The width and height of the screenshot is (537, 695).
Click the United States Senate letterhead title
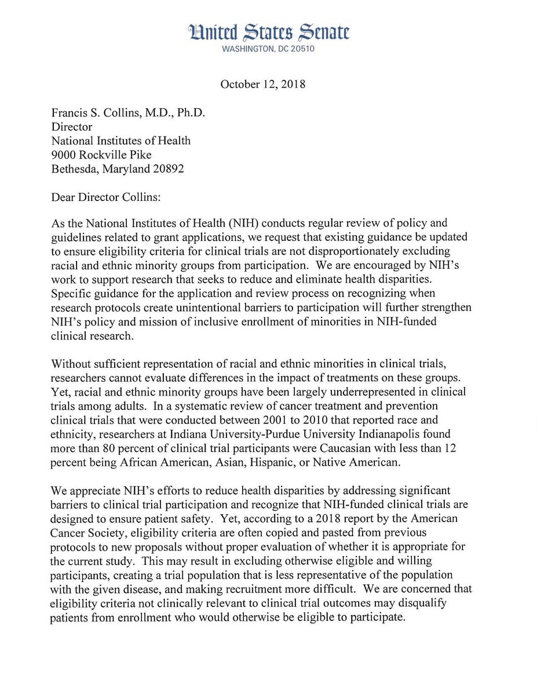tap(268, 34)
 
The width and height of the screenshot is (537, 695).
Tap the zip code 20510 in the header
tap(301, 49)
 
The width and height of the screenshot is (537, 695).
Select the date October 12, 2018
tap(262, 84)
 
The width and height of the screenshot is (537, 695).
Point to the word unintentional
tap(200, 308)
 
